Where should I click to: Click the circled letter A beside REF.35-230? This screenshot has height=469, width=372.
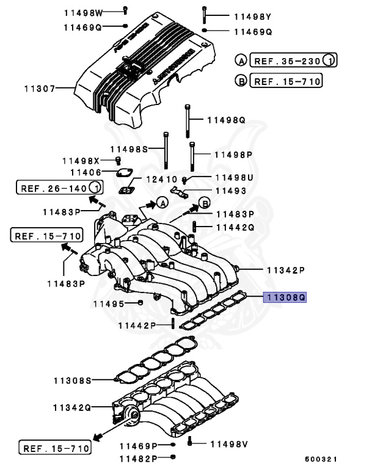tap(241, 60)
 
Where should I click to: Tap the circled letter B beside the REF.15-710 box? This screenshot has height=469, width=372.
tap(241, 81)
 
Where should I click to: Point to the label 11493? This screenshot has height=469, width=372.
tap(230, 191)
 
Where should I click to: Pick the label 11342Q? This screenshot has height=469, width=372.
tap(71, 407)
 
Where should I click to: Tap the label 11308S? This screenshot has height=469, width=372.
tap(71, 380)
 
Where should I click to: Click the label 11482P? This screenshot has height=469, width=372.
tap(138, 457)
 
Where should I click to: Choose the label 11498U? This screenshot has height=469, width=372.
tap(233, 178)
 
